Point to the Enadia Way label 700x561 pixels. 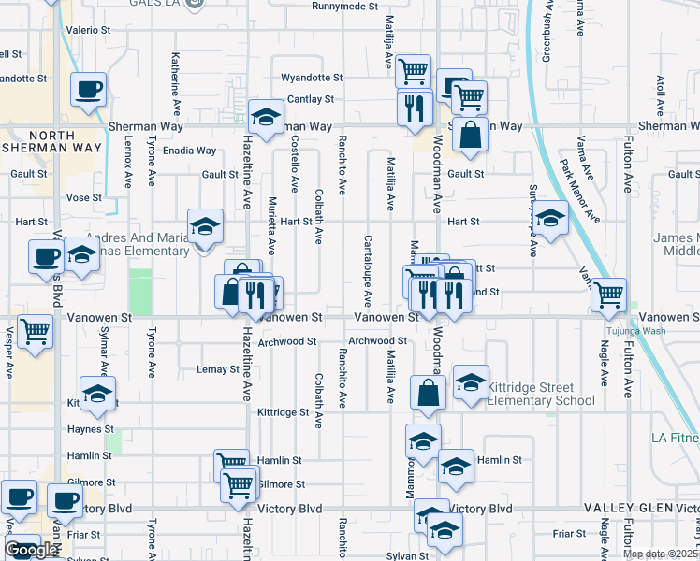tap(190, 151)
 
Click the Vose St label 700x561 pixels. tap(83, 198)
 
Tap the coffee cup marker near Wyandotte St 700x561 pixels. tap(88, 91)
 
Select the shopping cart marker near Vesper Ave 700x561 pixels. tap(36, 331)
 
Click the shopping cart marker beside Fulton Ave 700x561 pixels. tap(609, 295)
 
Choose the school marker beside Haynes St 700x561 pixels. tap(97, 395)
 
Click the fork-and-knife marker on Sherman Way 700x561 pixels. tap(412, 108)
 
